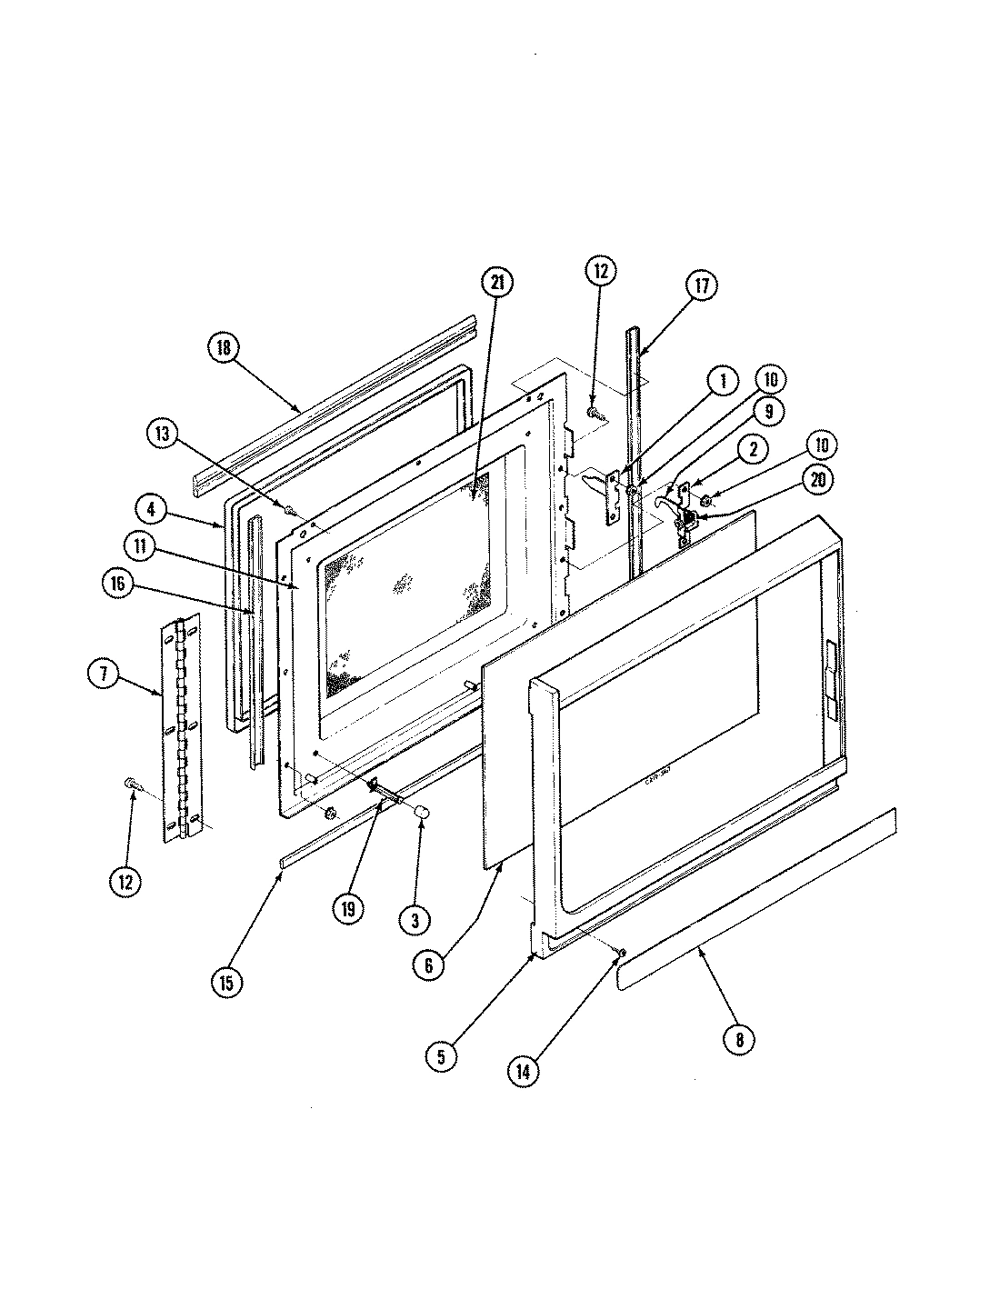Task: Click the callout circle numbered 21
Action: [497, 284]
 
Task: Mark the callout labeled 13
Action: [165, 435]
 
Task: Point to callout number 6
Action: [429, 964]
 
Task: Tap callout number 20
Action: [817, 482]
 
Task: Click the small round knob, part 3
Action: [421, 812]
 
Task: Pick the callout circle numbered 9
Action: [768, 412]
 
